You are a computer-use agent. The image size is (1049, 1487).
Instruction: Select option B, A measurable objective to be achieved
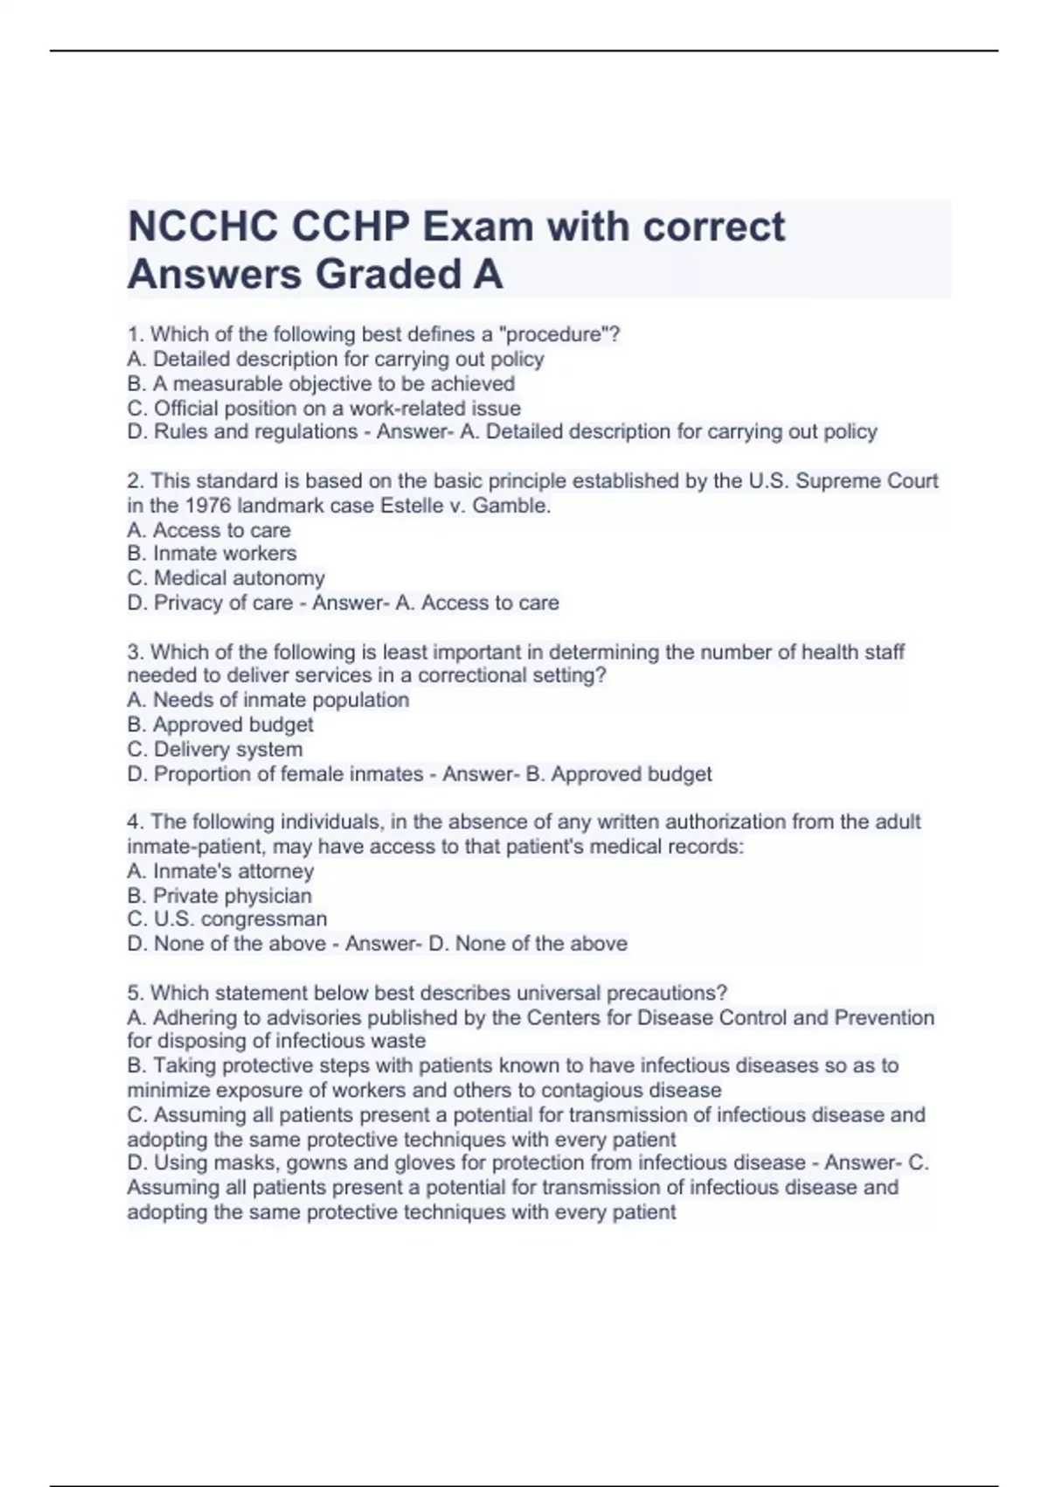tap(321, 383)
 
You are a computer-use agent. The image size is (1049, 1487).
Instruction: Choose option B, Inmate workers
tap(212, 553)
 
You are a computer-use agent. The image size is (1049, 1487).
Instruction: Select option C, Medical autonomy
tap(226, 577)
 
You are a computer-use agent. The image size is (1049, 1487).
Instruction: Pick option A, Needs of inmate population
tap(267, 700)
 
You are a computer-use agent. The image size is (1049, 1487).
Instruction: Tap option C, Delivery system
tap(215, 749)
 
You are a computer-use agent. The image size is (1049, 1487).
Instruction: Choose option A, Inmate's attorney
tap(220, 871)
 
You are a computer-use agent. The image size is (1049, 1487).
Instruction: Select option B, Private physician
tap(219, 896)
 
